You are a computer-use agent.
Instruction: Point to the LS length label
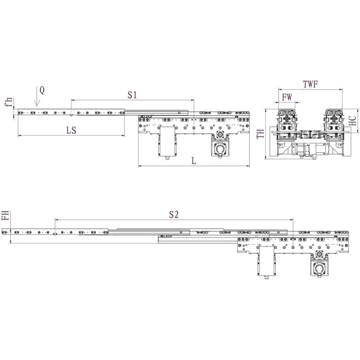pos(71,130)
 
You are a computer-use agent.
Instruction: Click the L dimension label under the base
pos(193,160)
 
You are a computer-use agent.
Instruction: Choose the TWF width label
pos(311,84)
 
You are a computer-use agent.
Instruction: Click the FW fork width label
pos(287,96)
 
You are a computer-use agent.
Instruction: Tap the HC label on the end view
pos(353,119)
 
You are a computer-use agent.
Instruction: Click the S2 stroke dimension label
pos(174,214)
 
